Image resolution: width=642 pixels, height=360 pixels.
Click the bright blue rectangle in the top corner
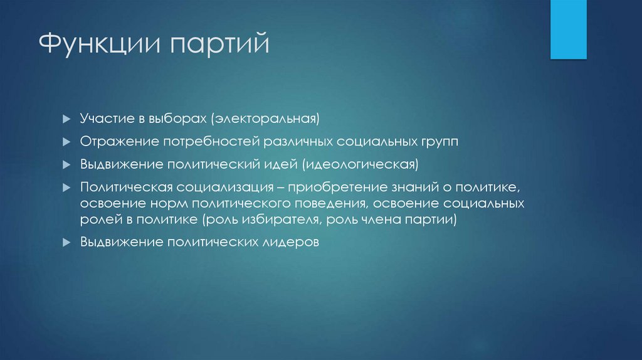tap(568, 29)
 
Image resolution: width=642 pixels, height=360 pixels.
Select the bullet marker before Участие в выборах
tap(66, 119)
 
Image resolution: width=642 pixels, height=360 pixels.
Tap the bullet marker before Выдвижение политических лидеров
tap(66, 243)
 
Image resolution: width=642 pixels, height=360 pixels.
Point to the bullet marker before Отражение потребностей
tap(66, 142)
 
